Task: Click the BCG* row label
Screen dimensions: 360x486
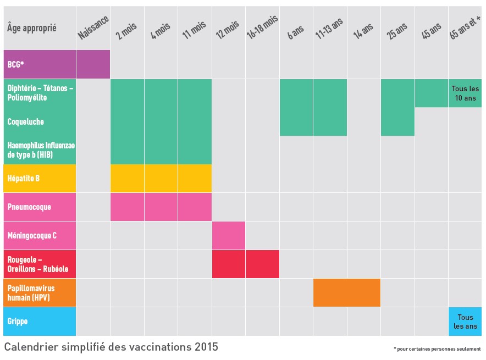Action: pos(15,64)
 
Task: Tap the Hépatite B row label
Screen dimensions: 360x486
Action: pos(23,179)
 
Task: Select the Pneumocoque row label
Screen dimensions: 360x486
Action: pos(29,207)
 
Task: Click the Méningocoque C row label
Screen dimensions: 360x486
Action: pos(32,236)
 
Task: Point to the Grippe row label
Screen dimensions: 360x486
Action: pos(18,321)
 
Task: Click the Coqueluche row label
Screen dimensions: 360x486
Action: pos(26,121)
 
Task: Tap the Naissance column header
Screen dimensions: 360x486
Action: pos(93,27)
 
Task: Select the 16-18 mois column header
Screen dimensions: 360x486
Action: pos(262,27)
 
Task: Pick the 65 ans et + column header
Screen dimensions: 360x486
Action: pos(465,27)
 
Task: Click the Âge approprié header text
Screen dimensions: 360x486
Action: pos(32,28)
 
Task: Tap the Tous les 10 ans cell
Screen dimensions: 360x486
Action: pos(465,93)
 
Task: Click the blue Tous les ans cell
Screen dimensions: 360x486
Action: pos(465,322)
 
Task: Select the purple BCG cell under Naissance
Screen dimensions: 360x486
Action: pos(93,64)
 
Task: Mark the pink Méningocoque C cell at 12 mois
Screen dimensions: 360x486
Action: pos(228,236)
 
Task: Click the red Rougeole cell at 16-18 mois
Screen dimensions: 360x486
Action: pos(262,264)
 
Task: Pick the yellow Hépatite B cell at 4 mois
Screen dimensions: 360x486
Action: pos(161,179)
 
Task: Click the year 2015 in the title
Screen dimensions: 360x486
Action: pos(206,347)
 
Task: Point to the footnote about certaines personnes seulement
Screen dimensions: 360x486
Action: pos(437,349)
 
